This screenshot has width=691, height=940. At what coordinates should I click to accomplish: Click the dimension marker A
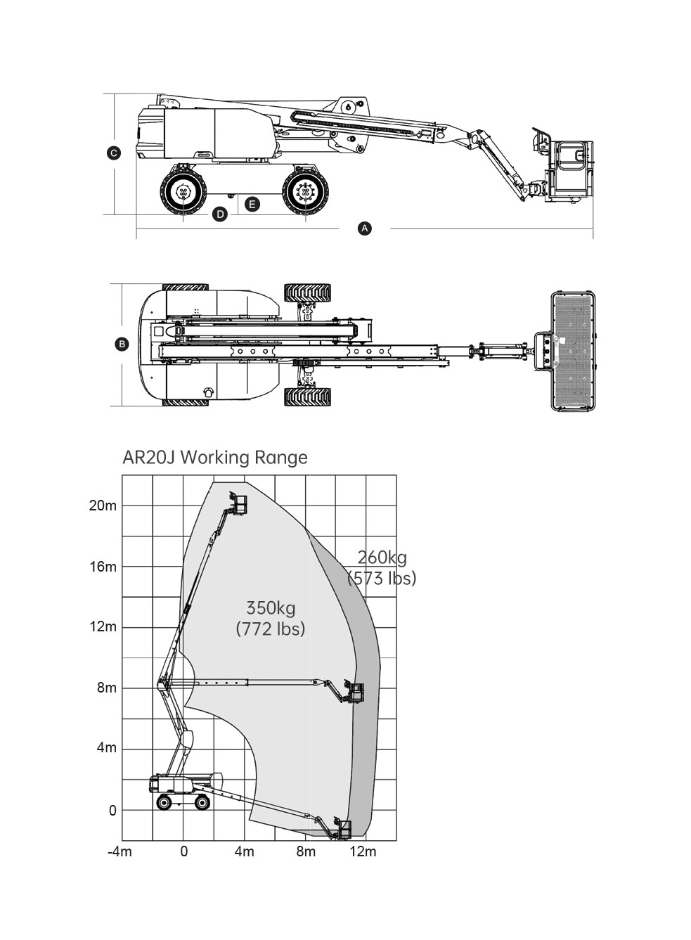[365, 228]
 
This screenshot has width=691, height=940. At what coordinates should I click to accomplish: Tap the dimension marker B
[122, 345]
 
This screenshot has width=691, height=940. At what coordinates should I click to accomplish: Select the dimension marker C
[114, 153]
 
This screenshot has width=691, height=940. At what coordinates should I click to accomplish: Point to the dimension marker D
[220, 214]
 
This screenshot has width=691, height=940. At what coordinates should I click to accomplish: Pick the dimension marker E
[252, 205]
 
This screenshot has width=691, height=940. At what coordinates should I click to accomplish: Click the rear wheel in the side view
[183, 192]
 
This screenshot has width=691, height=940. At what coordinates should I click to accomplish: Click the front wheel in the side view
[306, 192]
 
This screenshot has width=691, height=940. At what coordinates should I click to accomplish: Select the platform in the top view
[573, 351]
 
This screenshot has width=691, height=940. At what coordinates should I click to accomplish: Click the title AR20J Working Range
[215, 458]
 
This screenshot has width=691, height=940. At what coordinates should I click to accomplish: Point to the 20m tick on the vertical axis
[103, 506]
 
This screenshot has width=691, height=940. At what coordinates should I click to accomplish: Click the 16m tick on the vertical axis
[103, 567]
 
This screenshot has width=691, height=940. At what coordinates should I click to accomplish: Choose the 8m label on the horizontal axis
[306, 851]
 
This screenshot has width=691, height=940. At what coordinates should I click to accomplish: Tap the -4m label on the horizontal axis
[120, 851]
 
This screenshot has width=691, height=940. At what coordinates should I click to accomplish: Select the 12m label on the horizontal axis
[363, 851]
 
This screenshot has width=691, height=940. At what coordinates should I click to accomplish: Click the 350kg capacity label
[271, 608]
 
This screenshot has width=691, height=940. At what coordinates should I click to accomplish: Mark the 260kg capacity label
[382, 558]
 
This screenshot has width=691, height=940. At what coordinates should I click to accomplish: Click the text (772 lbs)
[271, 629]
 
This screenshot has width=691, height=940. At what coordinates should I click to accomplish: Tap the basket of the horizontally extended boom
[355, 692]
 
